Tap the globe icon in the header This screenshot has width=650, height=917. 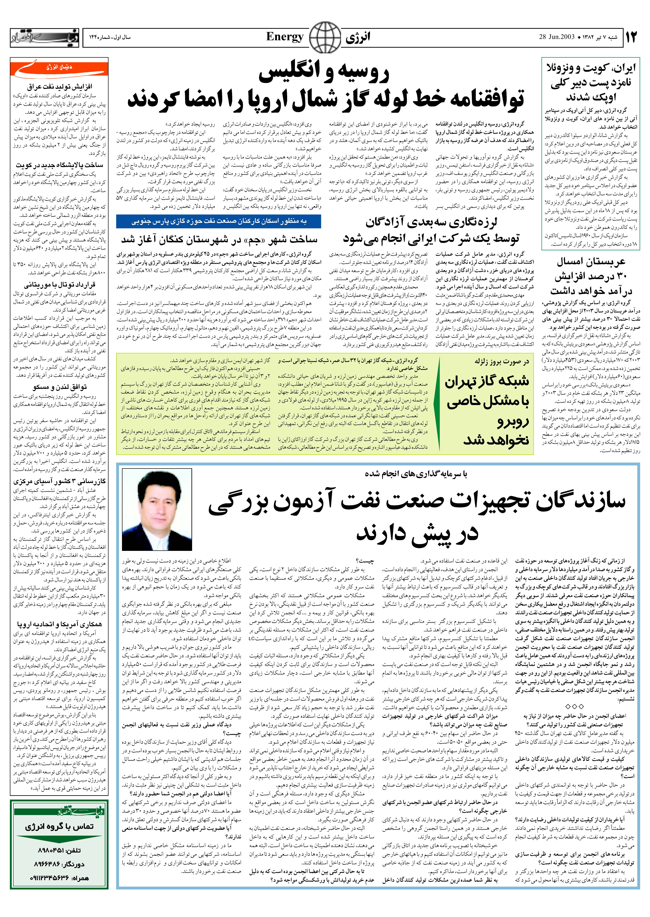[325, 38]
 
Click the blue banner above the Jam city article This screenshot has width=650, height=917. [219, 221]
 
